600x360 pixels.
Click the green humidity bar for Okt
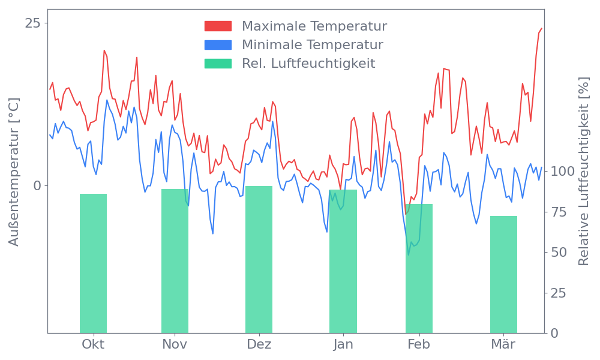click(93, 263)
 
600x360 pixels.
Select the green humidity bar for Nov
click(175, 261)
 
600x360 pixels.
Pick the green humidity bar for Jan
click(343, 261)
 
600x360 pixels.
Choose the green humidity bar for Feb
click(419, 268)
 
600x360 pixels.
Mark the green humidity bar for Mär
click(503, 274)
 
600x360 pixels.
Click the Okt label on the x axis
click(93, 344)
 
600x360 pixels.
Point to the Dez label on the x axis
click(259, 344)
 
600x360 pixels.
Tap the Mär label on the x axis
click(503, 344)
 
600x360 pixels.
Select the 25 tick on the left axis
click(33, 23)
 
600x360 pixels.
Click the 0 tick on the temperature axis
click(37, 185)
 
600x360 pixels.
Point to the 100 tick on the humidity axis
click(563, 172)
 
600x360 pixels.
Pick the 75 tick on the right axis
click(559, 212)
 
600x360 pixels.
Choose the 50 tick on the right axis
click(559, 252)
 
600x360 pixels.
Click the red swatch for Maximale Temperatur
click(218, 26)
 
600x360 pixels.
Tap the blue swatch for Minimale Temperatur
click(218, 45)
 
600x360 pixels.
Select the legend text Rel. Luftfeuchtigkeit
click(308, 64)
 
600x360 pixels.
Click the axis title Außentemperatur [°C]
click(14, 173)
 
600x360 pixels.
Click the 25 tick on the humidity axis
click(559, 293)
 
